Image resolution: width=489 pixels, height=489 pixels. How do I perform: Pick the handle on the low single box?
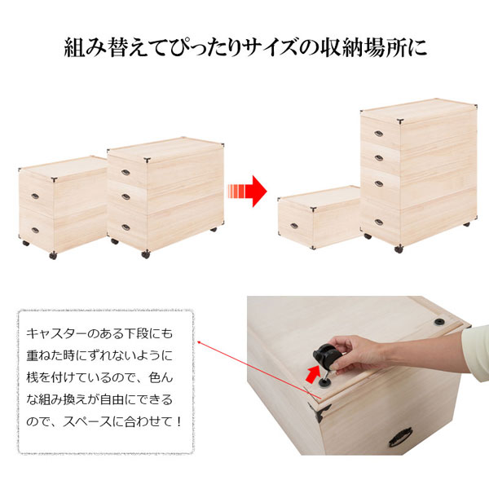coord(289,214)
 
